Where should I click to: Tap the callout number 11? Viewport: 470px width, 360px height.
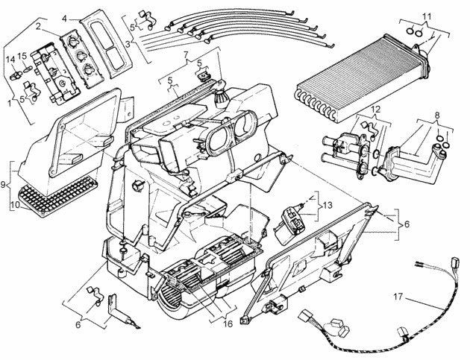pyautogui.click(x=426, y=16)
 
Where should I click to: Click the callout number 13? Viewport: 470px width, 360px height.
pyautogui.click(x=328, y=203)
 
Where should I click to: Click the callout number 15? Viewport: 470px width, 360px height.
pyautogui.click(x=23, y=57)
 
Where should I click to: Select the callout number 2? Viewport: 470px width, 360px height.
pyautogui.click(x=37, y=27)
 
